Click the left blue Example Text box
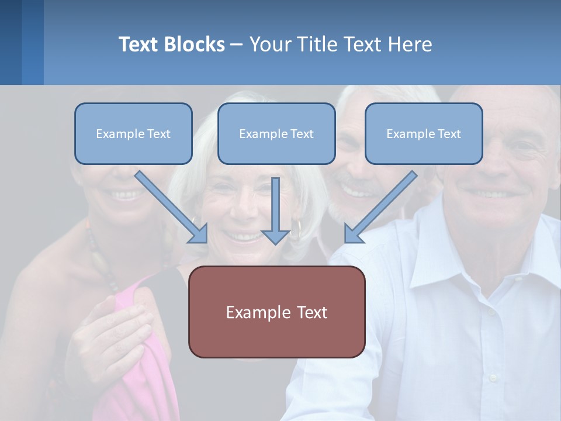(133, 133)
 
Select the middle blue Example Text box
(276, 133)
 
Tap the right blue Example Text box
(424, 133)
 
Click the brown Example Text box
(276, 312)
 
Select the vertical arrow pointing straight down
(275, 210)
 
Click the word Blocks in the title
(195, 44)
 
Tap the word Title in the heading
(318, 44)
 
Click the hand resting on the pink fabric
(111, 327)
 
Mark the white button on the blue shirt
(493, 377)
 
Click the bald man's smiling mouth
(490, 193)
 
